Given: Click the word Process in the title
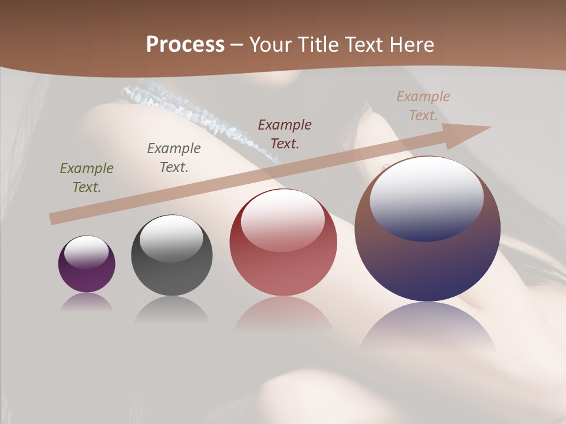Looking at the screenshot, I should pos(185,45).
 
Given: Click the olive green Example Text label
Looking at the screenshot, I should pos(87,177).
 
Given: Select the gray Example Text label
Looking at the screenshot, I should pos(173,157).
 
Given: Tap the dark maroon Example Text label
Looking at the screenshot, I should pos(285,134).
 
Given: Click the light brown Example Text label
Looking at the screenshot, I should pos(423,105).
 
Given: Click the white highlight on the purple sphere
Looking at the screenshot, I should pos(87,253).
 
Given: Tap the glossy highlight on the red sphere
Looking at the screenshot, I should pos(283,220).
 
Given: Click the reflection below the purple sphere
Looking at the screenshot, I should pos(87,302).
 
